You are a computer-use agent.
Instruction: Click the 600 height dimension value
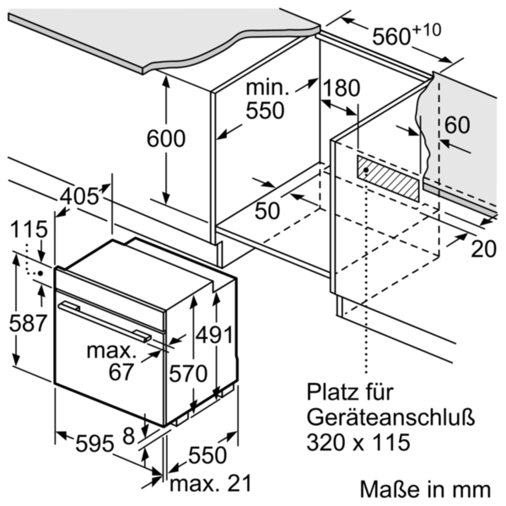pos(166,138)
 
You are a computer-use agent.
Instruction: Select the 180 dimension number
pos(342,89)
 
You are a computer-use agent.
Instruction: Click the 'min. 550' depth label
pos(265,100)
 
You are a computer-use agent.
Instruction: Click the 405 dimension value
pos(79,196)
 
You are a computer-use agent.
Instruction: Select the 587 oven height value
pos(28,323)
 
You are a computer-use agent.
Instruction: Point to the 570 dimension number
pos(188,373)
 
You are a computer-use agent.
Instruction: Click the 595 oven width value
pos(94,444)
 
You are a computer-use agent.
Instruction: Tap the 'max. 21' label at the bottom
pos(210,483)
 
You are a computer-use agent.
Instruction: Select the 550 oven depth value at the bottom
pos(207,455)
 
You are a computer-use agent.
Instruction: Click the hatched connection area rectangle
pos(388,178)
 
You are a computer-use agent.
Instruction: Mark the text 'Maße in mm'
pos(425,490)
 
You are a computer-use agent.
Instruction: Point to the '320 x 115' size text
pos(358,442)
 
